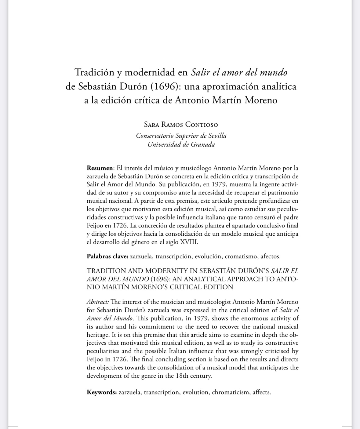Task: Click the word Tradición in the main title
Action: point(95,73)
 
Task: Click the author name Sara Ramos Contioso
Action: point(181,125)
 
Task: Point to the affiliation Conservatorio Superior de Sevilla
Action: point(181,135)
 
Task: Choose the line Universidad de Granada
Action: point(181,144)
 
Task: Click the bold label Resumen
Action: point(100,168)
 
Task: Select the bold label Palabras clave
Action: point(107,256)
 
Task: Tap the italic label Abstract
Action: point(97,302)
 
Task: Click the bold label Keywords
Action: point(101,392)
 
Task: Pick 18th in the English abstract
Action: point(182,376)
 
